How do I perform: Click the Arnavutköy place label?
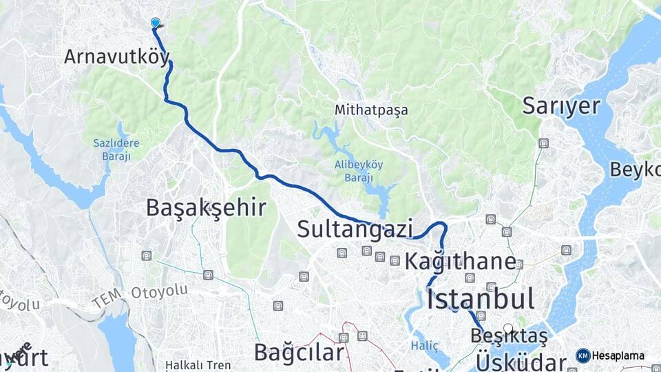coord(116,56)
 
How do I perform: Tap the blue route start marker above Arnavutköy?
coord(156,23)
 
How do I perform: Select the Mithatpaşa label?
coord(371,110)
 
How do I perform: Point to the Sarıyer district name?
coord(561,105)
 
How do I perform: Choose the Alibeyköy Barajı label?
coord(359,170)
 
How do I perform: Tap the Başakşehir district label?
coord(206,207)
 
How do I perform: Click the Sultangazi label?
coord(355,229)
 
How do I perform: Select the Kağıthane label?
coord(460,261)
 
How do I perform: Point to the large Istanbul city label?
coord(481,299)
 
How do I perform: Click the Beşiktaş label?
coord(509,336)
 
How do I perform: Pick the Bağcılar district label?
coord(298,353)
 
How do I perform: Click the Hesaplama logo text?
coord(618,356)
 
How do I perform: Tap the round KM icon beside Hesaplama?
coord(583,356)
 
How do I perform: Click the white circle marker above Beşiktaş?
coord(508,328)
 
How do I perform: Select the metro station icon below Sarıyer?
coord(544,143)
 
